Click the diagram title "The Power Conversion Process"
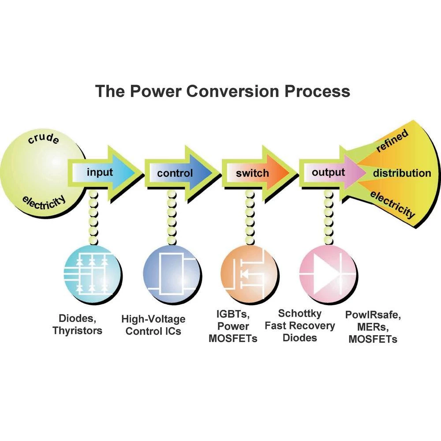point(223,91)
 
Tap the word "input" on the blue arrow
point(100,172)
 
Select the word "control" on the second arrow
point(175,173)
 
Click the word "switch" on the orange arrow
point(252,173)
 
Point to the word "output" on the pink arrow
point(328,172)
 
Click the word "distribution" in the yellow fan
point(402,173)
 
